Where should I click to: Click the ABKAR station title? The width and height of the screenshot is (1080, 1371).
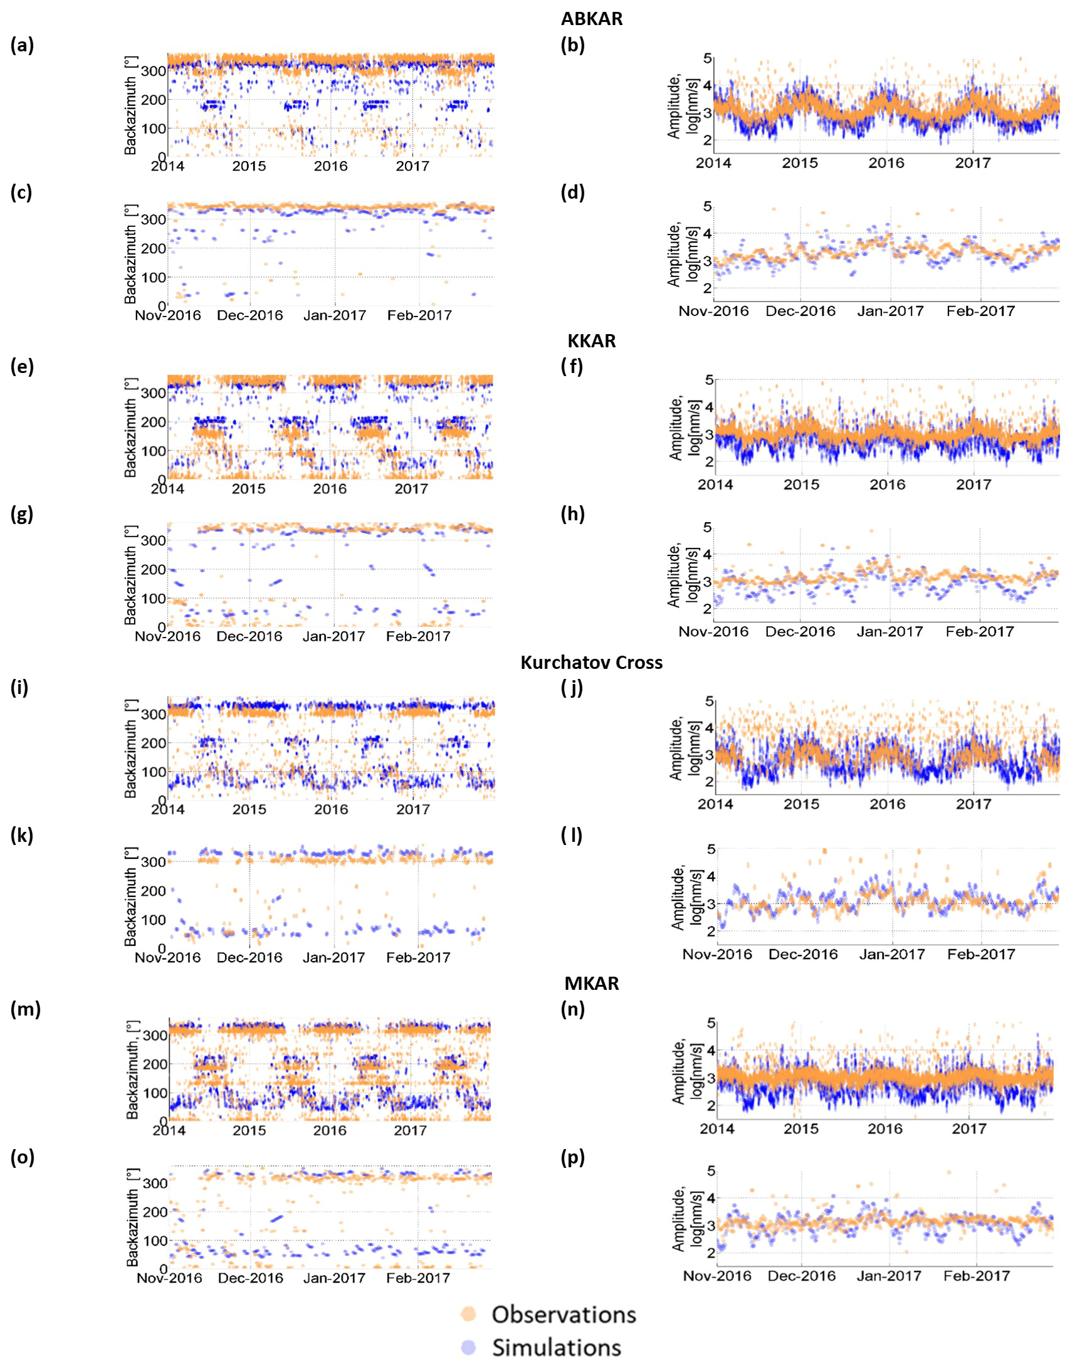(x=591, y=18)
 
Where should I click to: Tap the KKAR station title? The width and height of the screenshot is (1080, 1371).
(x=591, y=341)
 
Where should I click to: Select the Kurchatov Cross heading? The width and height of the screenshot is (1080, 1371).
(x=591, y=662)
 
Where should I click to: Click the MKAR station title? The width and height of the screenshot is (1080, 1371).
(x=591, y=984)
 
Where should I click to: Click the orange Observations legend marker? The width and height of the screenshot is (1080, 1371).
(x=469, y=1314)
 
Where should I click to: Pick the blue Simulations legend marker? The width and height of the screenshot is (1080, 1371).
(x=469, y=1348)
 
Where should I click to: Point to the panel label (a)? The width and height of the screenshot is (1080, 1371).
(x=22, y=45)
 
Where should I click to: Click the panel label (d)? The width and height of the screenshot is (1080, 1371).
(x=572, y=192)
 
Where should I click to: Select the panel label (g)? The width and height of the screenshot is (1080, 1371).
(x=22, y=513)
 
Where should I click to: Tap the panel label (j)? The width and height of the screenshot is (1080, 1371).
(x=572, y=688)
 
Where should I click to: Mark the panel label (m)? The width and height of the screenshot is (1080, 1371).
(x=25, y=1009)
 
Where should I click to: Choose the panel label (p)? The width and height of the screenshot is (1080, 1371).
(x=572, y=1157)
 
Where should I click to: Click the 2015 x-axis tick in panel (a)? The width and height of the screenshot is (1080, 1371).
(x=249, y=166)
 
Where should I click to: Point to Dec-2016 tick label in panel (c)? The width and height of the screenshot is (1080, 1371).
(x=249, y=315)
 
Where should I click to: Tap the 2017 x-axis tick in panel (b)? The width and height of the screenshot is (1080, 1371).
(x=973, y=163)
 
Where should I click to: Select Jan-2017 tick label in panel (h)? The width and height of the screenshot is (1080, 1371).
(x=889, y=632)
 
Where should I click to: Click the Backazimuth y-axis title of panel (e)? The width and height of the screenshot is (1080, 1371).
(x=130, y=428)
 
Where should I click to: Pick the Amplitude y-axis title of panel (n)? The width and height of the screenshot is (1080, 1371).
(x=684, y=1071)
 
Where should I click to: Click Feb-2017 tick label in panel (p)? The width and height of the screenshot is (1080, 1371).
(x=977, y=1276)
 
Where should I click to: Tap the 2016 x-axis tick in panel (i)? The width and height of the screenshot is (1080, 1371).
(x=331, y=809)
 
